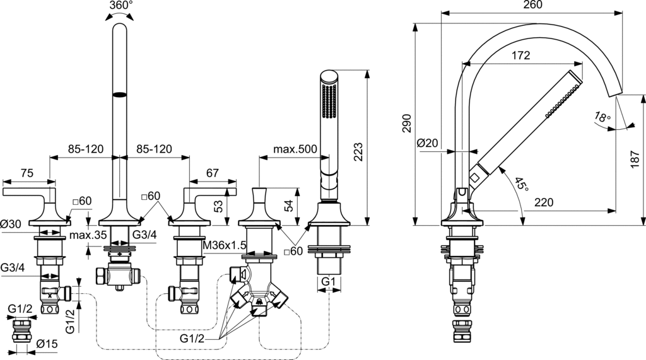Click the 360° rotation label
(120, 6)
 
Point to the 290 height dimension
(407, 123)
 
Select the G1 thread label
(328, 281)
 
